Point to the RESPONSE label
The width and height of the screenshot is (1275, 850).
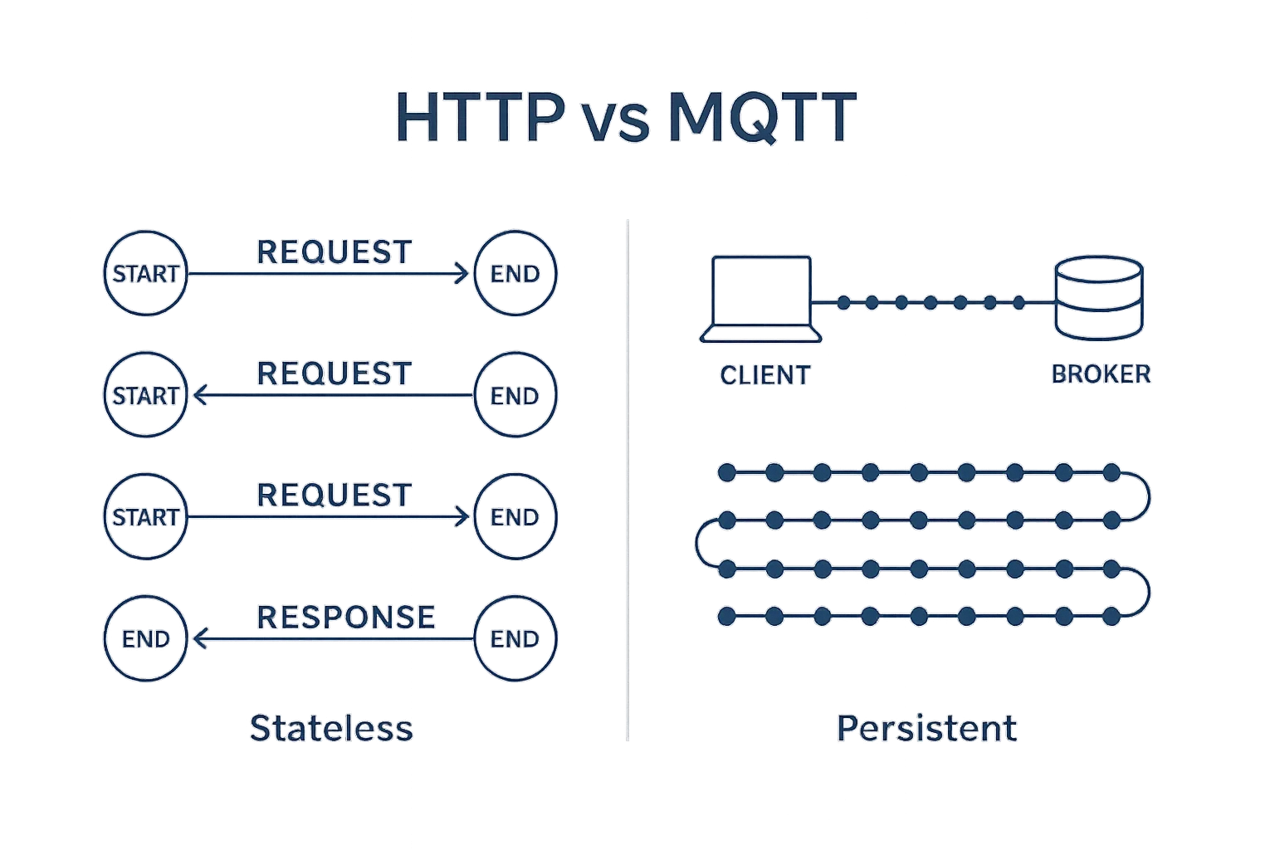click(x=346, y=617)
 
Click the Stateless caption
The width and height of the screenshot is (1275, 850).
click(x=331, y=728)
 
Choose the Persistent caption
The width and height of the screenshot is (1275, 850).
click(x=926, y=728)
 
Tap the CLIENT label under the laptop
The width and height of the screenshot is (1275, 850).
click(x=765, y=375)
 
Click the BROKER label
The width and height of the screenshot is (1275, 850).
click(x=1101, y=374)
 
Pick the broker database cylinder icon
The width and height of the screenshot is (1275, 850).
click(x=1098, y=297)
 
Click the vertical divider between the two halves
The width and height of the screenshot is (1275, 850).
click(x=628, y=481)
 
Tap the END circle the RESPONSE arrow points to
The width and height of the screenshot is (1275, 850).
click(x=146, y=638)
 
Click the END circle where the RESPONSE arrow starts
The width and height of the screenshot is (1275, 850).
click(x=515, y=638)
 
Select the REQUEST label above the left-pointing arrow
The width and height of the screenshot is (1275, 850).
click(x=335, y=374)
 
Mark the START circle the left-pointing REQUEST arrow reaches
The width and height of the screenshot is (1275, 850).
click(x=146, y=395)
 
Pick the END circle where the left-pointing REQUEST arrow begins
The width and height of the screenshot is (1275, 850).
click(x=515, y=395)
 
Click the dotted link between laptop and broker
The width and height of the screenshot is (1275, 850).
click(x=931, y=303)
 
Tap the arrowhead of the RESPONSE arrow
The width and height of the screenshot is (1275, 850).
click(x=199, y=638)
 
